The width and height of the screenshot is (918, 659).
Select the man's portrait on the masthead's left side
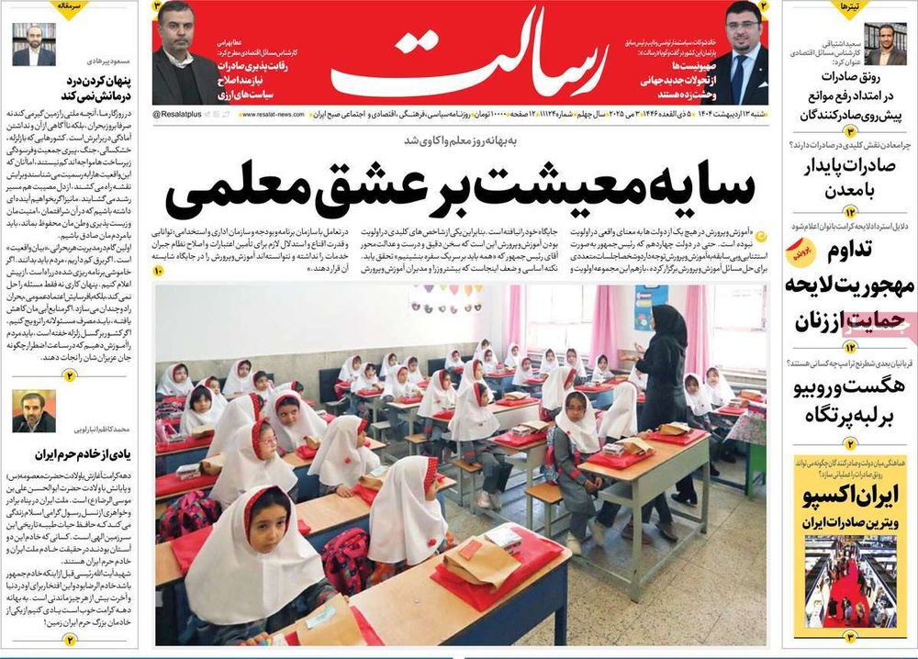coord(183,60)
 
